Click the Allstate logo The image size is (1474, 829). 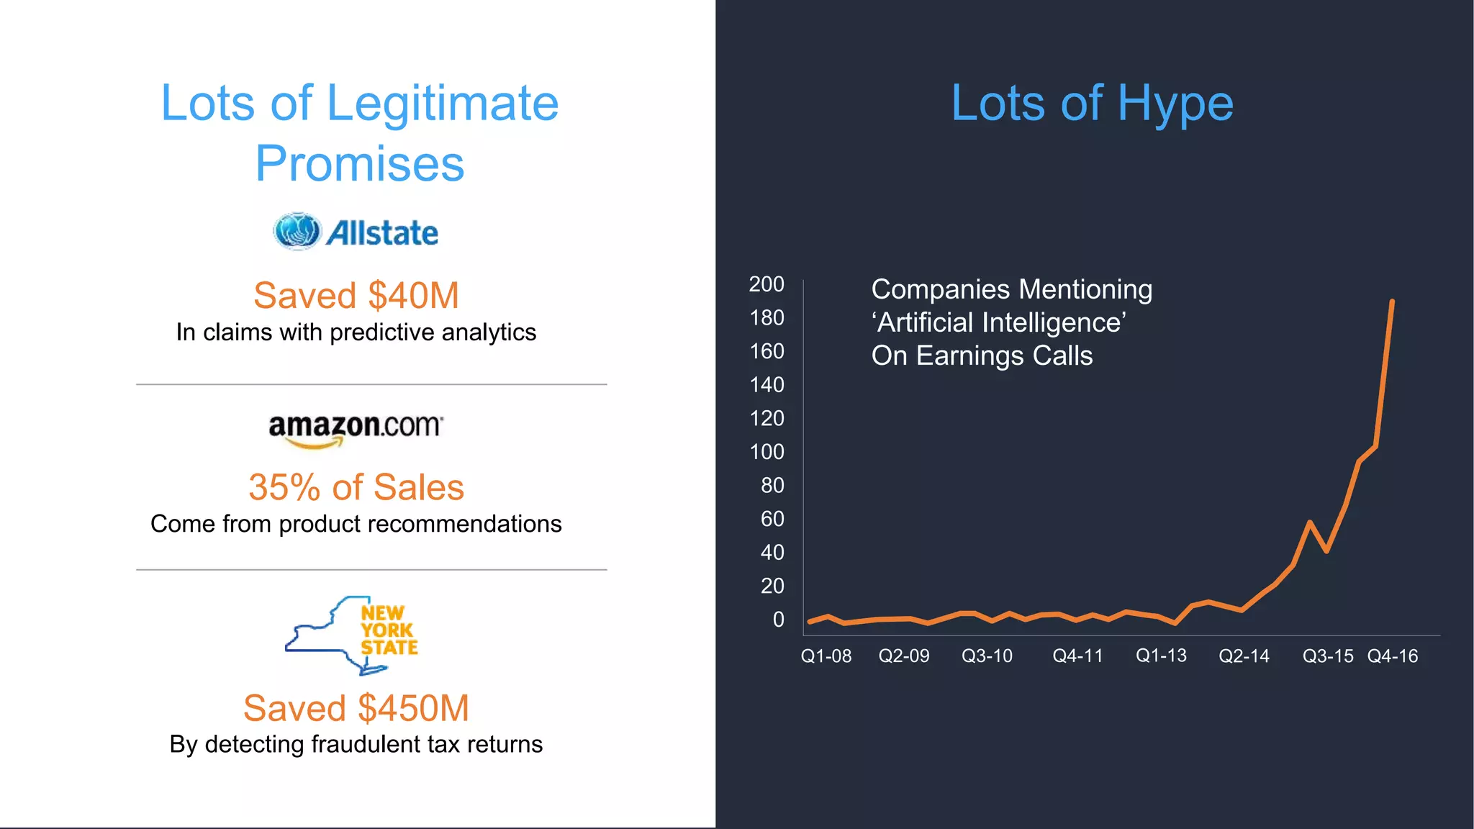pos(356,232)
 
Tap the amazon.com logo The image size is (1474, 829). pos(356,429)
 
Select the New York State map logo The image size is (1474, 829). pos(352,635)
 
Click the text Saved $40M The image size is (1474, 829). pos(356,296)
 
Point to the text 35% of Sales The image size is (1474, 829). pos(356,487)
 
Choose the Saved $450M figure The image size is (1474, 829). pos(356,708)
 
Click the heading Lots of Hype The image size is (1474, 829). pos(1092,104)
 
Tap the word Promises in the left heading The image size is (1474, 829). pos(359,164)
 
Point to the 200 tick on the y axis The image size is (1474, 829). pos(766,284)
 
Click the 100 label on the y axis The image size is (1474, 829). pos(766,452)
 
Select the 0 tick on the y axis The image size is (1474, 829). pos(778,620)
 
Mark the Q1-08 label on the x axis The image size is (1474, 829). pos(826,656)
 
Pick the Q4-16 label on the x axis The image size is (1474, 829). pos(1392,656)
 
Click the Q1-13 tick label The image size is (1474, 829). pos(1160,656)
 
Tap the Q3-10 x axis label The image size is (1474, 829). pos(987,656)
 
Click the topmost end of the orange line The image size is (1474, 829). pos(1392,302)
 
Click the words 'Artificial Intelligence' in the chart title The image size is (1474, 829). pos(999,322)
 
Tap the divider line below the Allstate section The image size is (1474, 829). pos(371,384)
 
